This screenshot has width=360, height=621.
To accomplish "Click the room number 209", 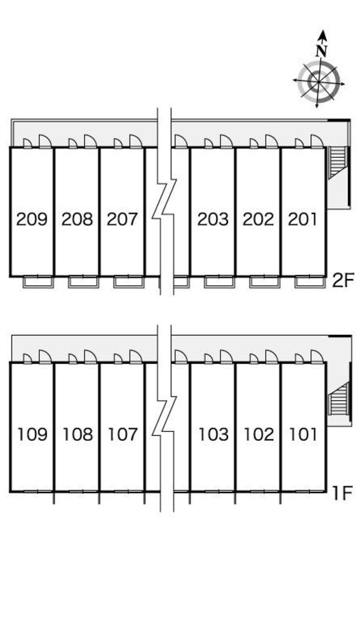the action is [x=32, y=219].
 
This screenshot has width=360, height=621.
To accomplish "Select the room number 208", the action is [x=77, y=219].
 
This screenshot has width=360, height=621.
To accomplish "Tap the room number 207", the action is [x=122, y=219].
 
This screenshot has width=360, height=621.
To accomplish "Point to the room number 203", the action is [x=213, y=219].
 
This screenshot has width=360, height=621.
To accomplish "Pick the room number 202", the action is [x=258, y=219].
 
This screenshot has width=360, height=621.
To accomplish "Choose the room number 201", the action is [x=303, y=219].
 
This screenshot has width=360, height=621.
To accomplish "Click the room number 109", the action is [x=32, y=434].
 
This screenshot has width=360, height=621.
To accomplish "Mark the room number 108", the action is [x=77, y=434].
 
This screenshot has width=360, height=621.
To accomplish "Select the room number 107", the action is [x=123, y=434].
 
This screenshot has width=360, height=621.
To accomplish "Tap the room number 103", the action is [x=214, y=434].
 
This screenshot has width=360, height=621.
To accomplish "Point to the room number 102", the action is [x=259, y=434].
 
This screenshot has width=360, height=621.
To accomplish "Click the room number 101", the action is [x=304, y=434].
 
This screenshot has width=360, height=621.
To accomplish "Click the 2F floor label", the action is [x=343, y=280].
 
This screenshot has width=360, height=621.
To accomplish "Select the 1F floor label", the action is [x=343, y=493].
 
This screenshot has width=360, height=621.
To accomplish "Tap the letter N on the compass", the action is [x=322, y=51].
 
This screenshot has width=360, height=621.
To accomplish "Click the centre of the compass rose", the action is [x=319, y=82].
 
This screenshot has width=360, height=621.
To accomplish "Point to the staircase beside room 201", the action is [x=338, y=162].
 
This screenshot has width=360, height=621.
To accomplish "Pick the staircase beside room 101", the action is [x=340, y=398].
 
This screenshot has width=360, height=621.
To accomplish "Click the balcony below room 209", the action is [x=38, y=282].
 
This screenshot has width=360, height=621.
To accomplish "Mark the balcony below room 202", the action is [x=265, y=282].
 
